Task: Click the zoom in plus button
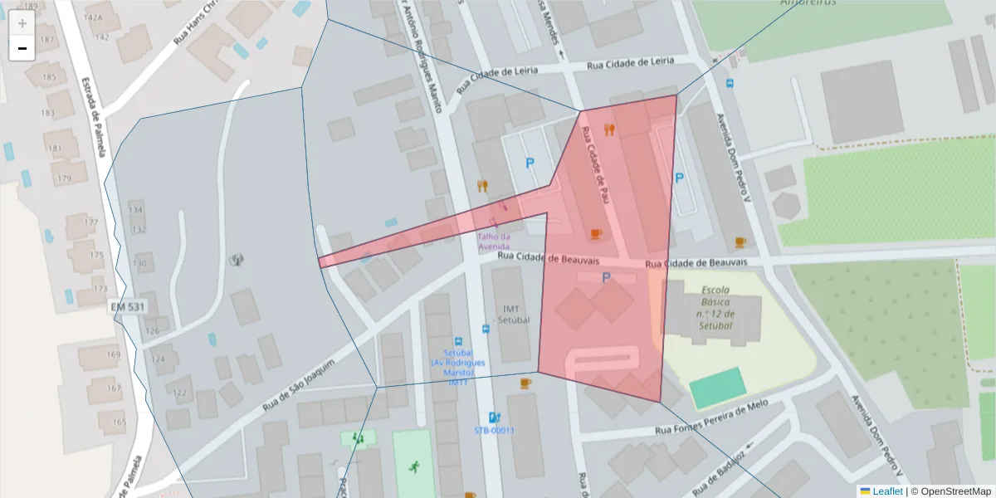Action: [x=22, y=22]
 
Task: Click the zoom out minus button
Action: [x=22, y=48]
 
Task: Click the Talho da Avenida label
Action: [x=493, y=241]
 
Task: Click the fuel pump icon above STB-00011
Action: [x=495, y=417]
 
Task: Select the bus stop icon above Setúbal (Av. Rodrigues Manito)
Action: [x=458, y=341]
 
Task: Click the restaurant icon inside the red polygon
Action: [x=610, y=129]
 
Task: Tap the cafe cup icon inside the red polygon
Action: [x=595, y=235]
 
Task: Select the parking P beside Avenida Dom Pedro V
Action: [x=679, y=178]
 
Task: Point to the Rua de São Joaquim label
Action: [x=298, y=387]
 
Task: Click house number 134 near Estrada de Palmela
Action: [x=136, y=210]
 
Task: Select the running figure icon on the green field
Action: [x=413, y=466]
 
